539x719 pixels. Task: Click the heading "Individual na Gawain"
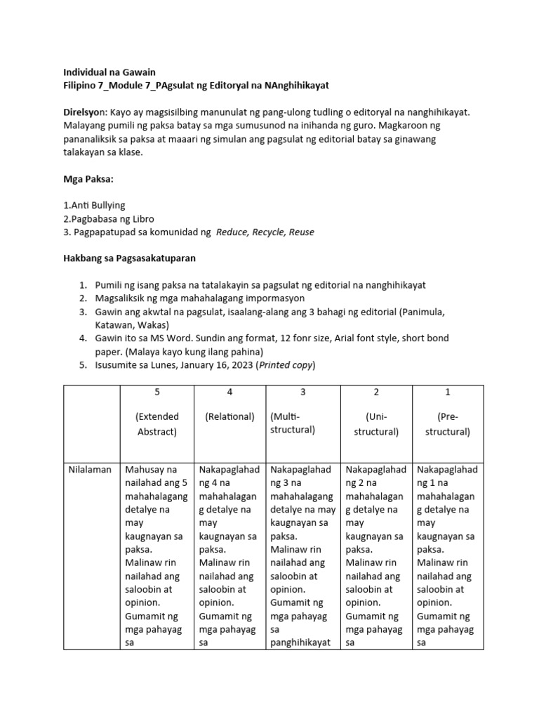coord(109,72)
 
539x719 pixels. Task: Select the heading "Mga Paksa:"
coord(88,179)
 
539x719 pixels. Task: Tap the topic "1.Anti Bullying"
coord(94,205)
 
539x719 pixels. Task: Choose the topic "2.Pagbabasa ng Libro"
coord(108,218)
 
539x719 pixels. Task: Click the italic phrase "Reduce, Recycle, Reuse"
coord(265,232)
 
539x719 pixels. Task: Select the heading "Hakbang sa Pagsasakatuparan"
coord(130,258)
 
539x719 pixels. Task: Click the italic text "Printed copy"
coord(286,364)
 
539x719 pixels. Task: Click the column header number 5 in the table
coord(157,392)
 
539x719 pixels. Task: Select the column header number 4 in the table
coord(229,392)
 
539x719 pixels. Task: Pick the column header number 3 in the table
coord(302,392)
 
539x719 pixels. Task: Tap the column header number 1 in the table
coord(448,392)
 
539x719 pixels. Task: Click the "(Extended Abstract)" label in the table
coord(157,423)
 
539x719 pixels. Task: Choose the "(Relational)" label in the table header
coord(229,416)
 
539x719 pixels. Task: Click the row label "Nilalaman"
coord(91,469)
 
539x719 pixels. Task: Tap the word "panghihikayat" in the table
coord(300,642)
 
